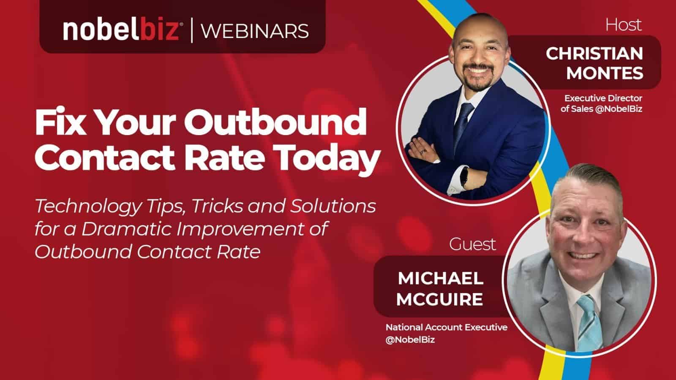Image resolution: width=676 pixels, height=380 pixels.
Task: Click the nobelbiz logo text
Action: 122,30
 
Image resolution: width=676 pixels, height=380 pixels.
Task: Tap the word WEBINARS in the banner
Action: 255,31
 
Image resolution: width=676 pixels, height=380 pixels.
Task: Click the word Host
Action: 624,25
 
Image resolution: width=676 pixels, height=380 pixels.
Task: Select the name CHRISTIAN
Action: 594,53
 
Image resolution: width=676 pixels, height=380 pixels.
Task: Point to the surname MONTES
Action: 605,73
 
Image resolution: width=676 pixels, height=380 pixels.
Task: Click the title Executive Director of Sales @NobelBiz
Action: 602,103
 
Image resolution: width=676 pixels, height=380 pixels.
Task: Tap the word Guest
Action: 472,244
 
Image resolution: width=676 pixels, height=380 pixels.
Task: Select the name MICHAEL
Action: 441,278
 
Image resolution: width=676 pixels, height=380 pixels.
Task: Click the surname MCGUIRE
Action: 440,299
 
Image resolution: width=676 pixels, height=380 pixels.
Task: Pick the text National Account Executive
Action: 446,328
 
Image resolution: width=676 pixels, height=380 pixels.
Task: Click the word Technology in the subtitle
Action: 88,207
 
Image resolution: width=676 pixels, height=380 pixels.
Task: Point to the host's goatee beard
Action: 478,77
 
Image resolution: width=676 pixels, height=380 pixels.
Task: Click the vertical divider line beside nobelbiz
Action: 192,30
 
